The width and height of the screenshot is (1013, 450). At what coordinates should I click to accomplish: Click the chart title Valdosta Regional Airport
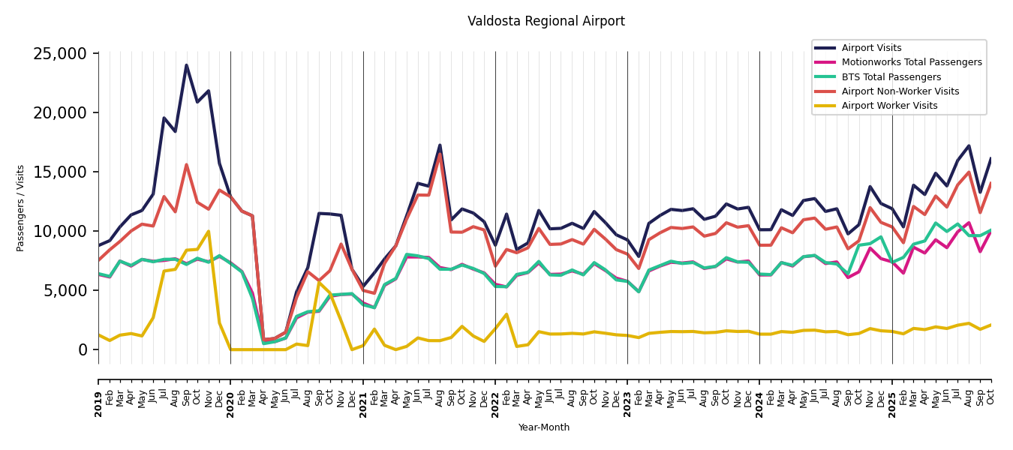pyautogui.click(x=546, y=21)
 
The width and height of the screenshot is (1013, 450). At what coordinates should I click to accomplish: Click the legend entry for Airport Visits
pyautogui.click(x=871, y=48)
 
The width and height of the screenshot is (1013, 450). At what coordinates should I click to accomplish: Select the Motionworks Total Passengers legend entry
pyautogui.click(x=911, y=62)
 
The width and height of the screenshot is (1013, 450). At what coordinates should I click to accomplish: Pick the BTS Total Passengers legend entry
pyautogui.click(x=891, y=76)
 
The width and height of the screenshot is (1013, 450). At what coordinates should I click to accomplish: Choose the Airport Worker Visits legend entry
pyautogui.click(x=889, y=106)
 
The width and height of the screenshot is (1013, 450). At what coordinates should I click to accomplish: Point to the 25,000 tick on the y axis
pyautogui.click(x=60, y=54)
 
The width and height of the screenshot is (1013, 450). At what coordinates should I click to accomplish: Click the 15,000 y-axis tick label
pyautogui.click(x=60, y=172)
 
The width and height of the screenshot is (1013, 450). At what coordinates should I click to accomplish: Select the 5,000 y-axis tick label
pyautogui.click(x=65, y=291)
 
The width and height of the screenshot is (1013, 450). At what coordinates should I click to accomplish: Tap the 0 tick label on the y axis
pyautogui.click(x=83, y=350)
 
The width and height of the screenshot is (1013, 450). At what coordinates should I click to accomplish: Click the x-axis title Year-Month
pyautogui.click(x=543, y=427)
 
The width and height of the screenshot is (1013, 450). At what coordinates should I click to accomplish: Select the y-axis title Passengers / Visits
pyautogui.click(x=21, y=208)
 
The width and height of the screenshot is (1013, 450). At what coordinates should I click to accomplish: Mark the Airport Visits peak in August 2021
pyautogui.click(x=440, y=145)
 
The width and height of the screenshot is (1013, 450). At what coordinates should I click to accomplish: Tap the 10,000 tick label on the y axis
pyautogui.click(x=60, y=232)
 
